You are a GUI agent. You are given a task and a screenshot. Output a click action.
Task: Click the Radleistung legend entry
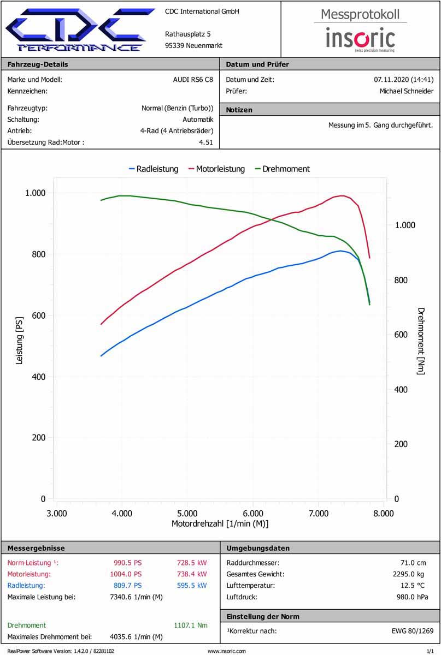pyautogui.click(x=154, y=169)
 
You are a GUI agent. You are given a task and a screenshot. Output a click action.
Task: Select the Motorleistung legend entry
pyautogui.click(x=216, y=169)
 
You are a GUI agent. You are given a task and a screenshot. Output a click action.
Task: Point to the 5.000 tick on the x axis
pyautogui.click(x=187, y=513)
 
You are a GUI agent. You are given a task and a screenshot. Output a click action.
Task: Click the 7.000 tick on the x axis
pyautogui.click(x=319, y=513)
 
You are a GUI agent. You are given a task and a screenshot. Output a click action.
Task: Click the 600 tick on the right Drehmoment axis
pyautogui.click(x=401, y=335)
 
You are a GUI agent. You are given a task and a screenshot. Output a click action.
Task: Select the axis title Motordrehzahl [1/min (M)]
pyautogui.click(x=220, y=524)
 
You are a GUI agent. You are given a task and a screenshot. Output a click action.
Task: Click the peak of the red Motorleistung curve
pyautogui.click(x=342, y=195)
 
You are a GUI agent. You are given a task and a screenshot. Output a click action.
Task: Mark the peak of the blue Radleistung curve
pyautogui.click(x=340, y=251)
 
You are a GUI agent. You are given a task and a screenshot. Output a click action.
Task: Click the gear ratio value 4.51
pyautogui.click(x=206, y=143)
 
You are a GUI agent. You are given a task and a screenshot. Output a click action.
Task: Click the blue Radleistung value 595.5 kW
pyautogui.click(x=192, y=586)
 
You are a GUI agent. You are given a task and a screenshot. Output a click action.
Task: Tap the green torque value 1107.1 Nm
pyautogui.click(x=191, y=626)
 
